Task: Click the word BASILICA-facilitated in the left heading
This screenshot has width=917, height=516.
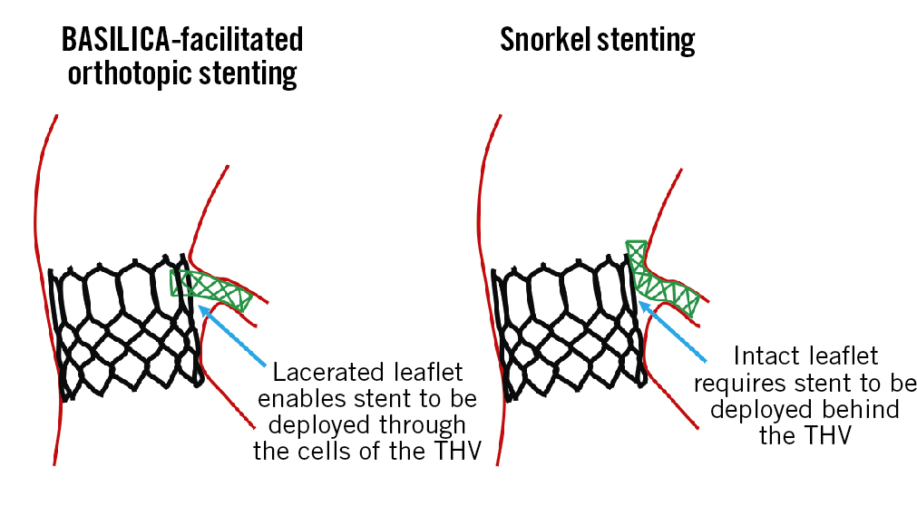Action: (x=181, y=41)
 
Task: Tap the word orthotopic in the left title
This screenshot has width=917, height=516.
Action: (x=126, y=74)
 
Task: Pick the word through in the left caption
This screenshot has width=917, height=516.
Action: (x=422, y=425)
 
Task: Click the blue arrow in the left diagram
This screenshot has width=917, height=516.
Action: (x=235, y=336)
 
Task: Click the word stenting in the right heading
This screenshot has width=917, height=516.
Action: (x=649, y=41)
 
